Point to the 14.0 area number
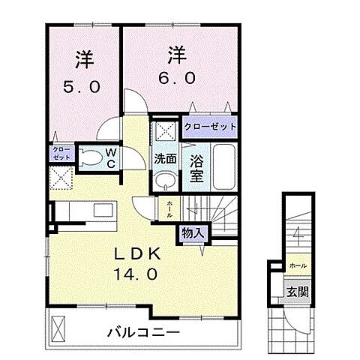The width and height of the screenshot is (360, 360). coord(137,275)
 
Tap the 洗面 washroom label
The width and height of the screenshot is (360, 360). coord(166,159)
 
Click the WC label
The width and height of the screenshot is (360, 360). coord(109,158)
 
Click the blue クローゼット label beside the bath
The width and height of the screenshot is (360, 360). coord(210,127)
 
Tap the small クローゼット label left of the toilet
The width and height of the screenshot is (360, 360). coord(61,154)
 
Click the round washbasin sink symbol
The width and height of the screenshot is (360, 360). coord(166,183)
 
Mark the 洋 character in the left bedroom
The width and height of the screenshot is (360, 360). coord(83,58)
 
